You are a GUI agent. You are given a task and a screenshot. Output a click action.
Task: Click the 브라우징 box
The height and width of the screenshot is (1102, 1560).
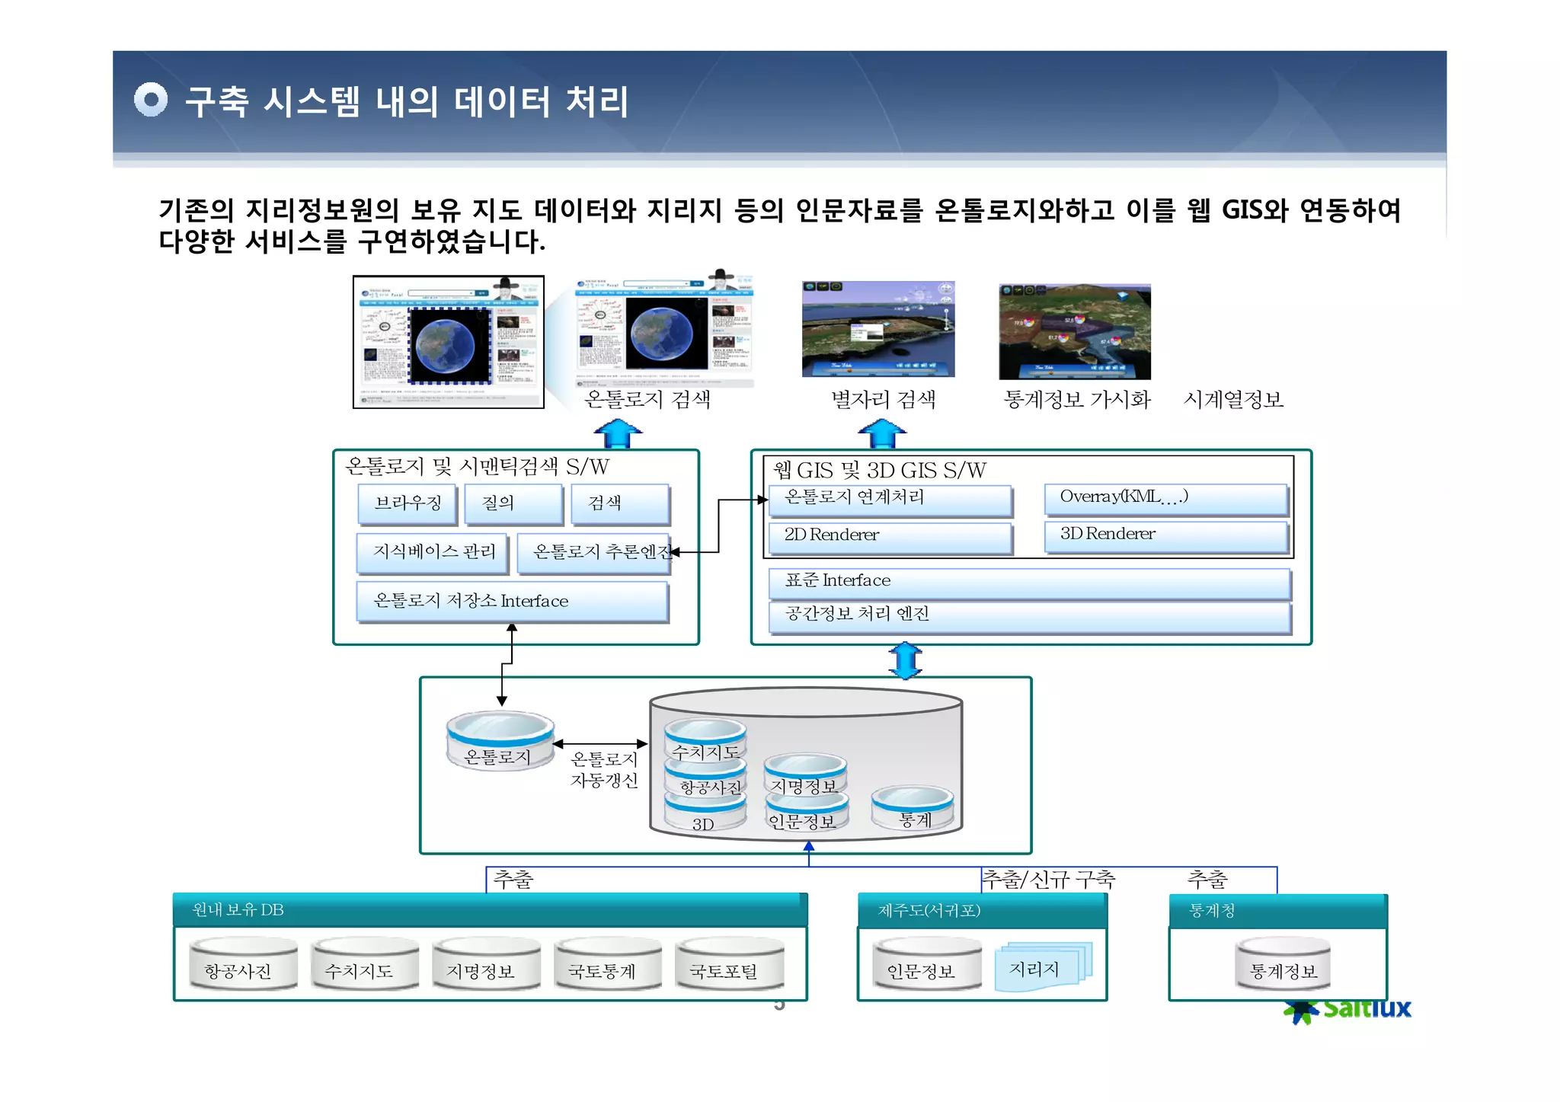(408, 503)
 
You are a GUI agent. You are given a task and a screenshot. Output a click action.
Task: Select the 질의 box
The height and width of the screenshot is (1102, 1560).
(513, 503)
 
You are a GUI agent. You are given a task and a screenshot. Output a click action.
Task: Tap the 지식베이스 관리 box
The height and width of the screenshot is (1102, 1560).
(433, 552)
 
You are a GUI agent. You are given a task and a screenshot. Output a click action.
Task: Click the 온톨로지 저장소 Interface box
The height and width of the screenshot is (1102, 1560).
(512, 602)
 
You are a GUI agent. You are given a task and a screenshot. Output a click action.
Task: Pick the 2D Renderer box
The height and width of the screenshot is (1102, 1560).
(890, 536)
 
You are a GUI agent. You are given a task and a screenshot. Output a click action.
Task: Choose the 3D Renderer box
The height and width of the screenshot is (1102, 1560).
(1165, 535)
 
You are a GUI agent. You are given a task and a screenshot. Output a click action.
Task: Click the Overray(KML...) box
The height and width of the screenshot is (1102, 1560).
(1165, 498)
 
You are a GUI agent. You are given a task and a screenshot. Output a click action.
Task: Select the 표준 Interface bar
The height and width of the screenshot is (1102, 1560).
(1028, 582)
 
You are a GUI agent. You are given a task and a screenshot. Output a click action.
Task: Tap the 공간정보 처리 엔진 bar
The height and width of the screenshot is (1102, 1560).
(1028, 616)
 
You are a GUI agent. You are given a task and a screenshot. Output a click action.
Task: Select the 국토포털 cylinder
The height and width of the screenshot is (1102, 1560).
(729, 964)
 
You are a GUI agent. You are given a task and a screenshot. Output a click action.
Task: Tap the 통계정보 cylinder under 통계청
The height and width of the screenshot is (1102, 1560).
(1283, 964)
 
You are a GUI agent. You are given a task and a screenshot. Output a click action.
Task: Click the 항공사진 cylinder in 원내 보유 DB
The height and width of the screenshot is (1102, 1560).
(243, 964)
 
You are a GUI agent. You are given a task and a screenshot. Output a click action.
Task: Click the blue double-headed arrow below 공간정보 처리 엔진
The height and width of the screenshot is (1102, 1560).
(905, 660)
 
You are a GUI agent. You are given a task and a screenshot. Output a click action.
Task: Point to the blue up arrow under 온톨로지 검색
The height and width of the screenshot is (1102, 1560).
(618, 433)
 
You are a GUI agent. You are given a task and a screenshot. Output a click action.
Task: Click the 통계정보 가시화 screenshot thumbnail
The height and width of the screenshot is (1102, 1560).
(1074, 332)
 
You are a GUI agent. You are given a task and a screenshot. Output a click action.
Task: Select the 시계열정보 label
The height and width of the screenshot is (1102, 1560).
(1233, 400)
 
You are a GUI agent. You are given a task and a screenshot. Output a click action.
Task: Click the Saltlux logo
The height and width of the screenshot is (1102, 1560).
(1349, 1010)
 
